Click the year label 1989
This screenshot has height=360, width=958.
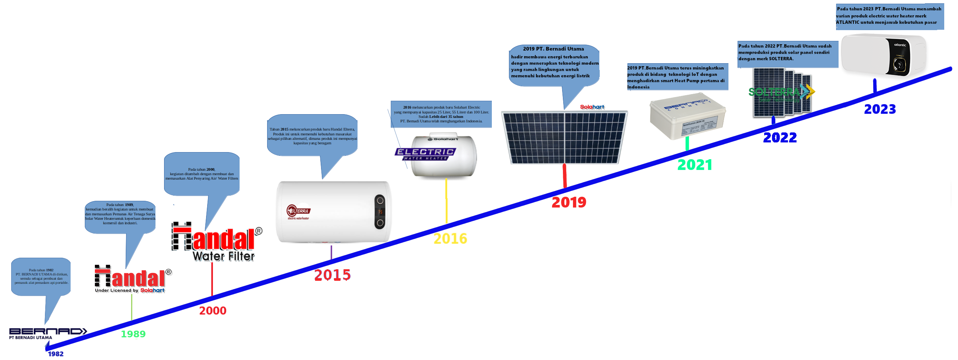pos(133,334)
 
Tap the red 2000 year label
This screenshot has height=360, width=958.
pos(213,311)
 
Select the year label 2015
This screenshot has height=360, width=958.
pos(332,275)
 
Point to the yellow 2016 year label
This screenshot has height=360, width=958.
pos(450,238)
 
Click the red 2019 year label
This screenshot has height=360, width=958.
pos(569,202)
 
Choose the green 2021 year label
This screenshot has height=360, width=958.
pos(695,165)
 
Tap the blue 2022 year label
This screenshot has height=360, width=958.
pos(780,138)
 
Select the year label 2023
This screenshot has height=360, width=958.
pos(880,109)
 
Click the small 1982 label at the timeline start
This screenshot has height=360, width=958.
pos(56,354)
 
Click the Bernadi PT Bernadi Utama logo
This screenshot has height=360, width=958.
pos(48,333)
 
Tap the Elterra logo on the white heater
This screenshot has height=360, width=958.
pos(298,211)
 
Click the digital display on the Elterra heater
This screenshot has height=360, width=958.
pos(380,212)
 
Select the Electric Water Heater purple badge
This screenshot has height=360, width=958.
pos(425,154)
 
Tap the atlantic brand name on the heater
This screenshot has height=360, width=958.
pos(900,45)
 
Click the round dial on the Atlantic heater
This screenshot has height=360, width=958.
pos(898,65)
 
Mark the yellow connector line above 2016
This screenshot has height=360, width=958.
pos(446,201)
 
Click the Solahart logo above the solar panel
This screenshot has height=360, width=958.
pos(592,107)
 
